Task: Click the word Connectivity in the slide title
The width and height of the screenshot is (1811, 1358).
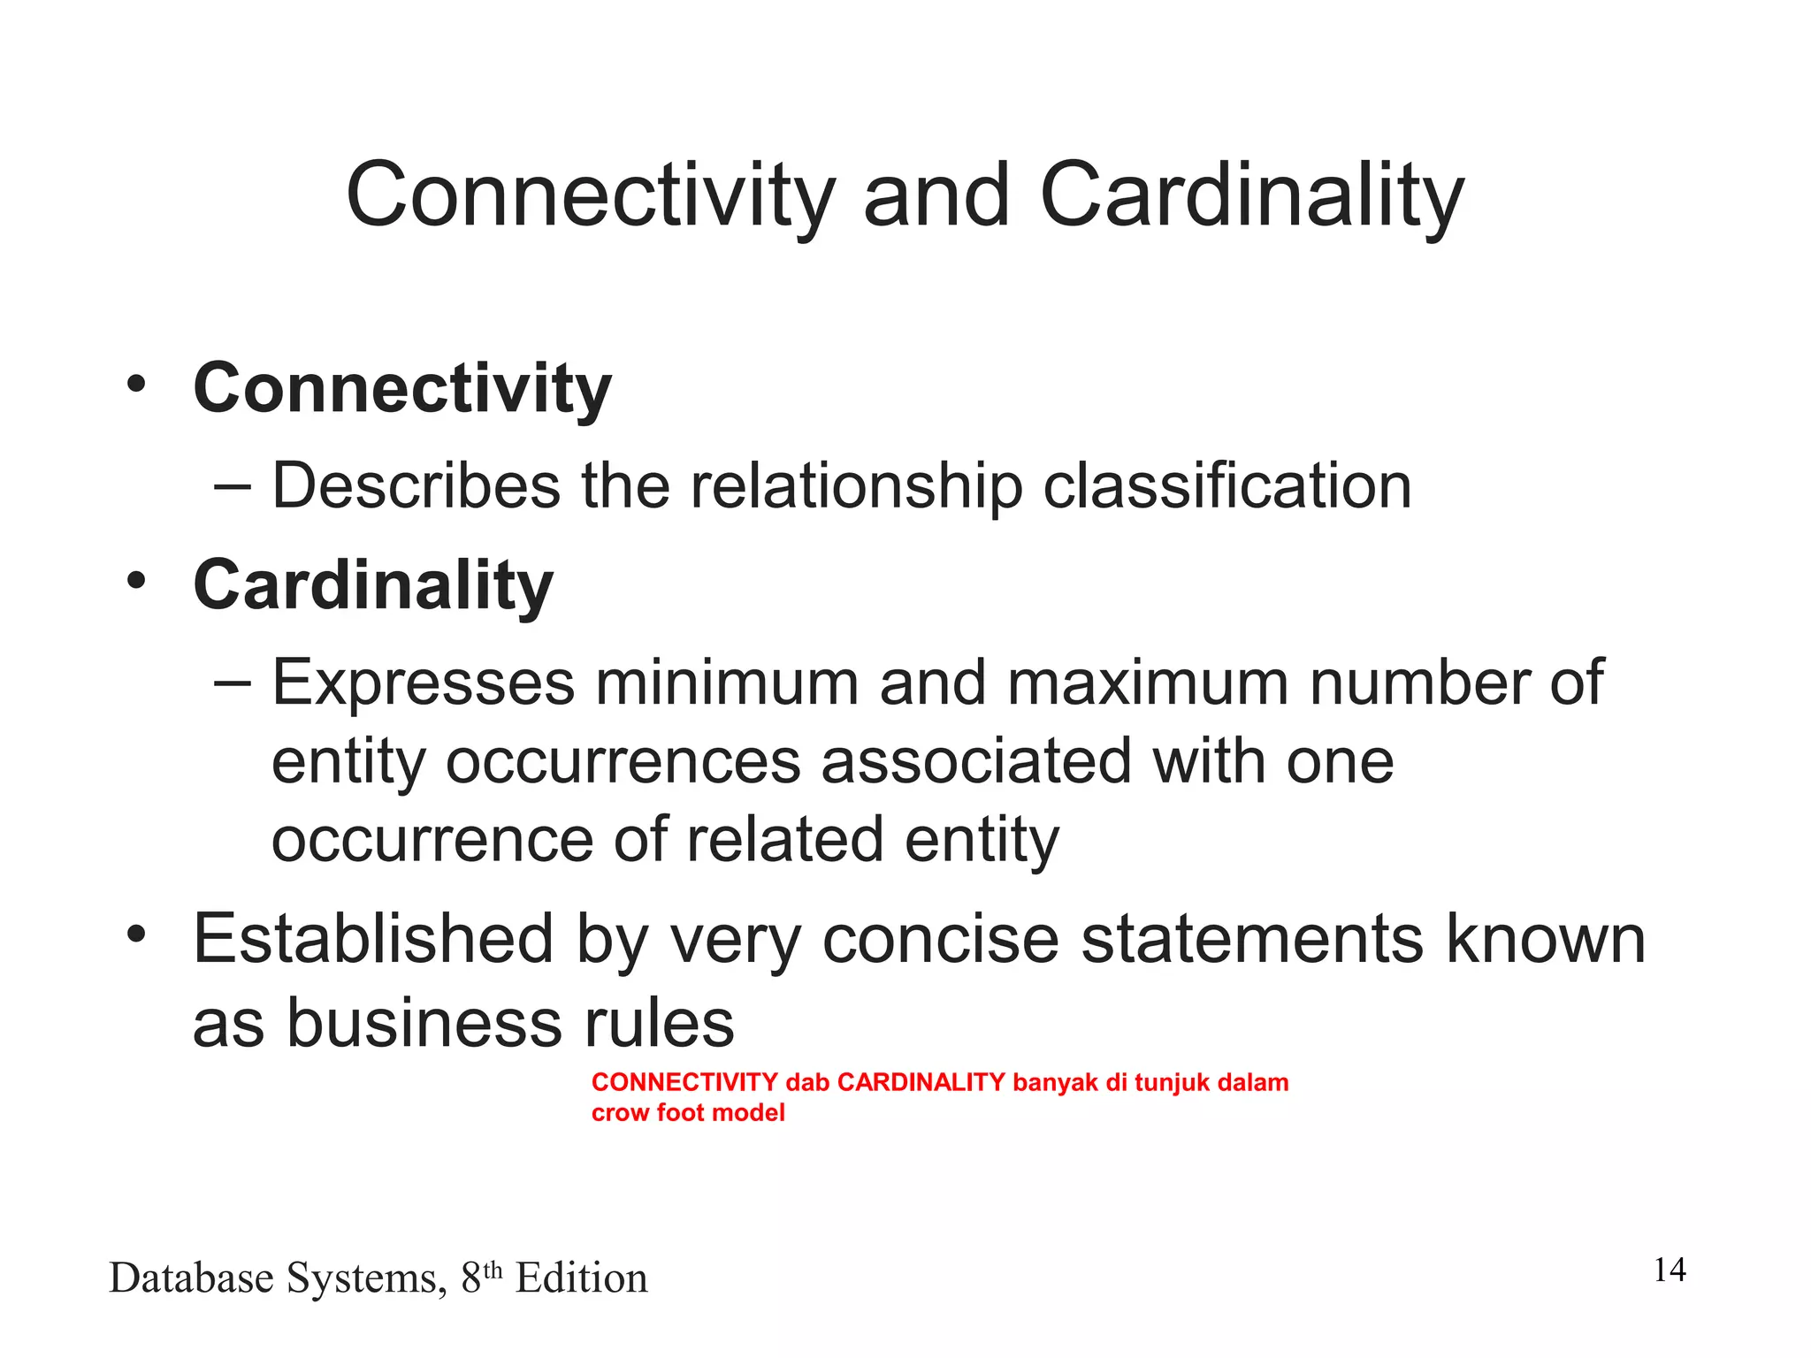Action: [590, 196]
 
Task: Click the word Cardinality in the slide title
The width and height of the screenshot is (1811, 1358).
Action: [1251, 196]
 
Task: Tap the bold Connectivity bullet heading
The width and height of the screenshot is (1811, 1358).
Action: [402, 389]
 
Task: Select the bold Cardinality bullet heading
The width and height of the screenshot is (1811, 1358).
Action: [373, 586]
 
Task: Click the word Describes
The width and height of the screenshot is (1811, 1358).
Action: [416, 486]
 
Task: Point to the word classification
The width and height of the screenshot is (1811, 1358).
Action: [1227, 486]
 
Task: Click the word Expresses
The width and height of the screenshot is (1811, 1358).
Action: [423, 683]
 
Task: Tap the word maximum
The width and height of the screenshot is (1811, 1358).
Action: [1148, 683]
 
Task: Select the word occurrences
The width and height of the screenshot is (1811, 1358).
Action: [623, 762]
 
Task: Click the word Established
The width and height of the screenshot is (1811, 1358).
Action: [373, 940]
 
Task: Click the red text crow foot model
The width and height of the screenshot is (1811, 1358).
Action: [688, 1113]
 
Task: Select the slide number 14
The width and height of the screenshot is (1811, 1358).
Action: [1670, 1270]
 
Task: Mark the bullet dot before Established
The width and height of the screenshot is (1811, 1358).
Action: [135, 934]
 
